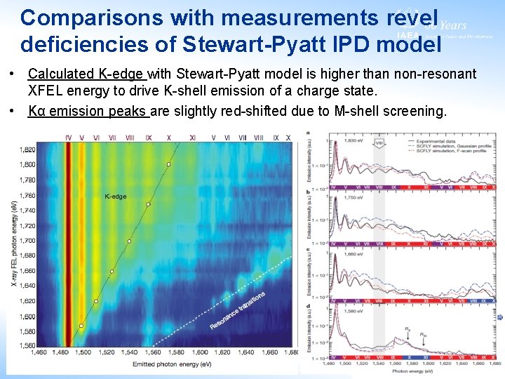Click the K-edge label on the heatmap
coord(116,197)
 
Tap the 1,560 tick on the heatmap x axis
coord(151,352)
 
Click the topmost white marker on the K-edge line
coord(168,164)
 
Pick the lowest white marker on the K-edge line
coord(81,326)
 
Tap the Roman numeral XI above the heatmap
coord(192,138)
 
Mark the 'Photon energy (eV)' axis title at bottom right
coord(415,371)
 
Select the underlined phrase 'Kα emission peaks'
coord(88,111)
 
